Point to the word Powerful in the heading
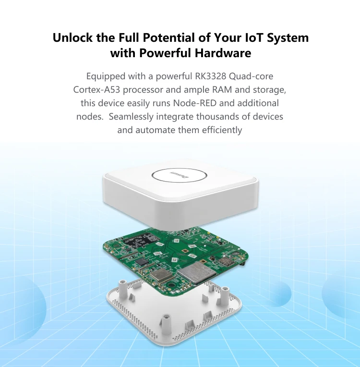point(165,53)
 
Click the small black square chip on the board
point(143,261)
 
